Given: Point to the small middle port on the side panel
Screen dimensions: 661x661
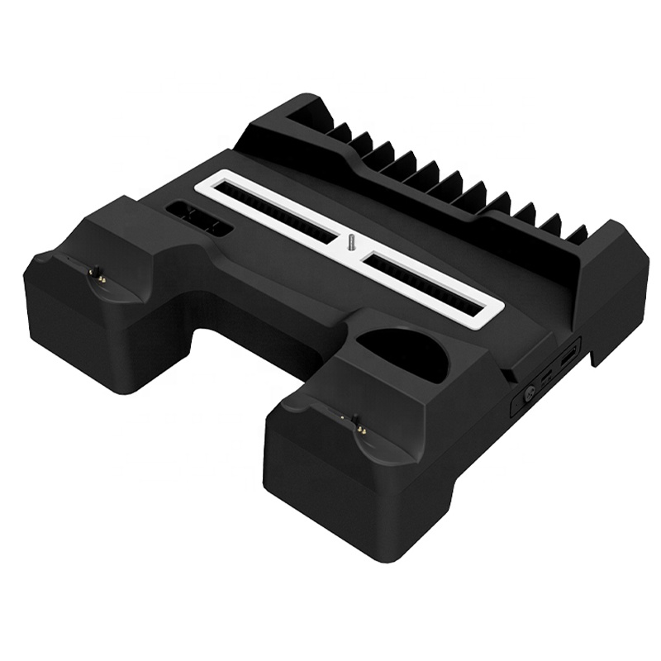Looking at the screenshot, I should (545, 378).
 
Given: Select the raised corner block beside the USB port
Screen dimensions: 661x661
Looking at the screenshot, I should (611, 281).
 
